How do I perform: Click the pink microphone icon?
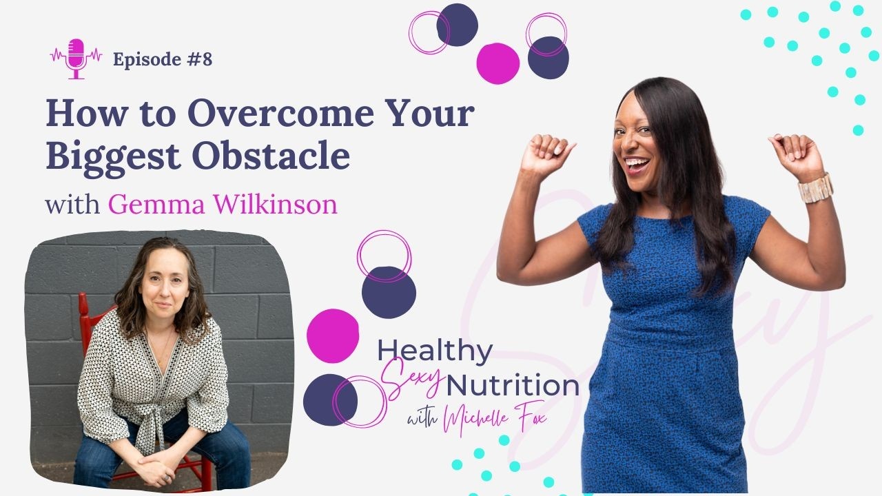point(76,59)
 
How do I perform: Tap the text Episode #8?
point(163,59)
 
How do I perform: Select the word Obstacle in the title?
point(271,156)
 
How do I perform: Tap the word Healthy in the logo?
point(435,351)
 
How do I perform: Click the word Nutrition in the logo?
point(513,385)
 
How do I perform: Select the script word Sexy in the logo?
point(411,377)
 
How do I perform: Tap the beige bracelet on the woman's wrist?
point(815,188)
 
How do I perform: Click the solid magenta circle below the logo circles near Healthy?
point(333,335)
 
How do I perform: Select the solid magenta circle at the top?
point(498,63)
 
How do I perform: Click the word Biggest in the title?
point(113,156)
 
